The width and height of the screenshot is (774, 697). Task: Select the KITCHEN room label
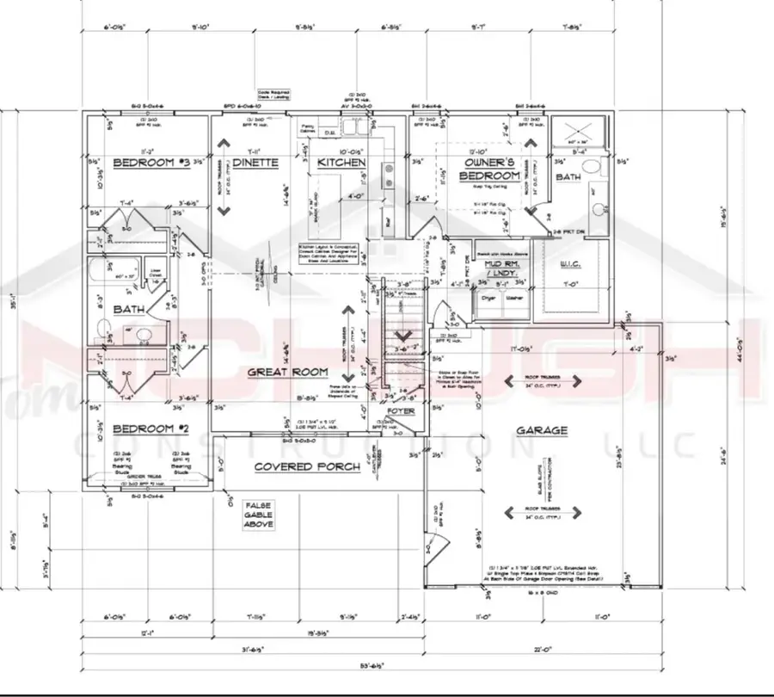(x=341, y=162)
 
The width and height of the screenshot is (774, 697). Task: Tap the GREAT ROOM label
(x=288, y=372)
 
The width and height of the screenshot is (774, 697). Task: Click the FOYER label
(x=400, y=411)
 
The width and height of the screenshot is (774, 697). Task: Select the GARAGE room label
(x=541, y=430)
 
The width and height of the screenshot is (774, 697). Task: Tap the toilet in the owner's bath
(x=597, y=207)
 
